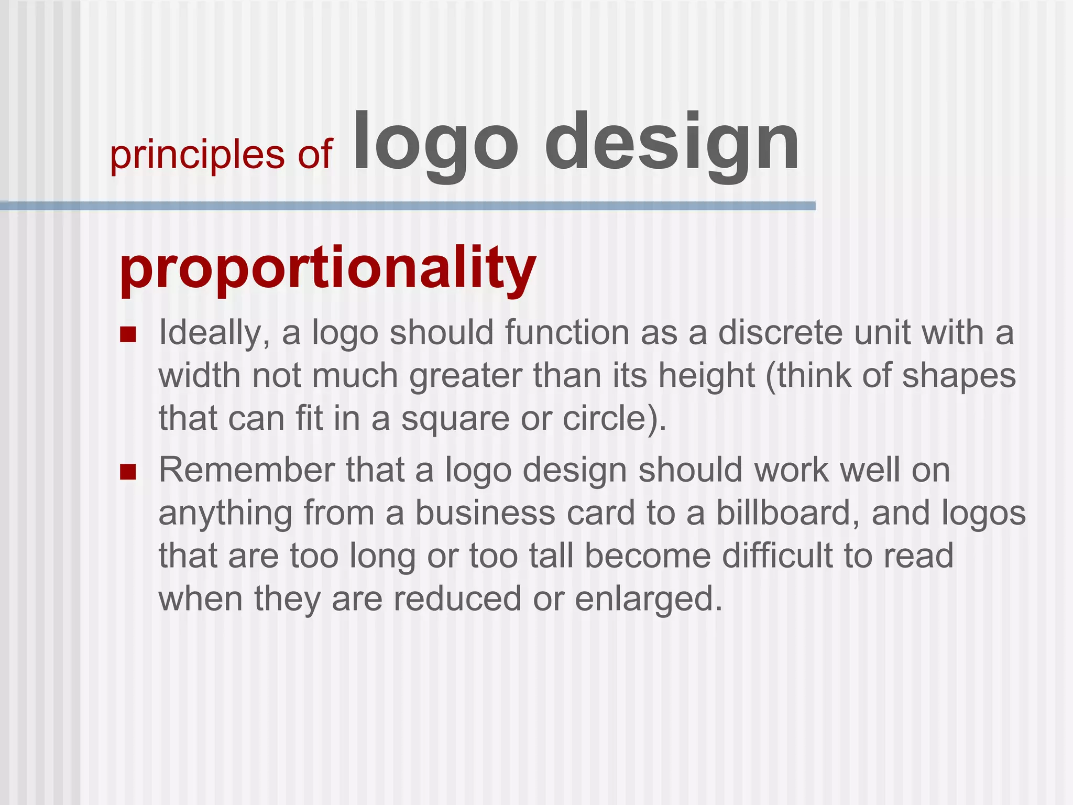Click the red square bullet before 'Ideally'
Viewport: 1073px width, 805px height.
click(x=128, y=334)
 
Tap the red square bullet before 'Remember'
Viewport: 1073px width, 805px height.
click(x=128, y=472)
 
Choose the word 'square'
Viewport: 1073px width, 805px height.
click(x=455, y=419)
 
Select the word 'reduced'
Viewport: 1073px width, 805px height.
click(x=457, y=599)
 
